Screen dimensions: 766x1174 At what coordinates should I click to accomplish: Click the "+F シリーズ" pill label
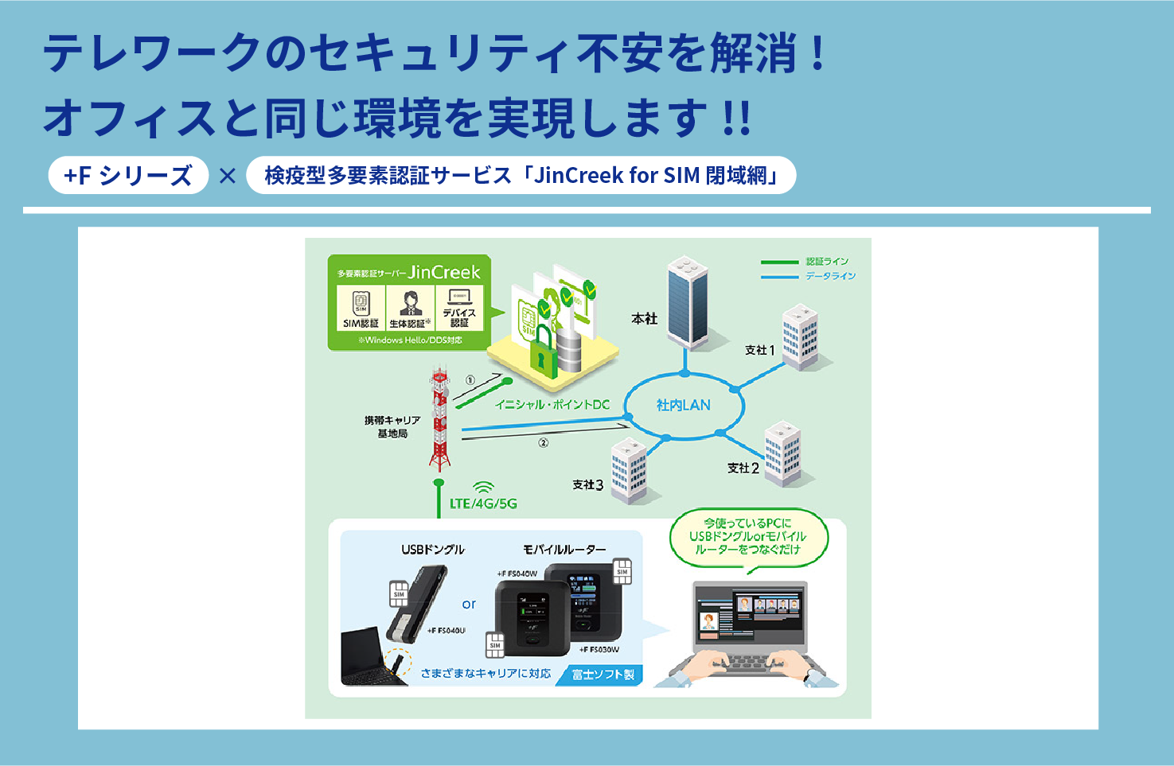coord(128,175)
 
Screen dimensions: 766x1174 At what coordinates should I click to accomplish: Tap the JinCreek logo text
coord(444,273)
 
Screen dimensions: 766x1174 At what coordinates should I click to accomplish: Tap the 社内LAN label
coord(683,405)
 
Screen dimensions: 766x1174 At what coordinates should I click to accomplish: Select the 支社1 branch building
coord(800,337)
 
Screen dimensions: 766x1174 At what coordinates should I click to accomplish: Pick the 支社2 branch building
coord(782,453)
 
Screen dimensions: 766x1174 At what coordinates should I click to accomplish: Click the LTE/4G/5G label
coord(483,504)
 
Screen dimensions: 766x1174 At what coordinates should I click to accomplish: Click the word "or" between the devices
coord(469,605)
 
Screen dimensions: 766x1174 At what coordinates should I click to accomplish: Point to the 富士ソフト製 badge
coord(603,675)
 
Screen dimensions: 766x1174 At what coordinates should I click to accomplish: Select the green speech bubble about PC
coord(747,537)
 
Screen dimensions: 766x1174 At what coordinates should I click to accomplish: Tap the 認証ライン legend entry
coord(805,262)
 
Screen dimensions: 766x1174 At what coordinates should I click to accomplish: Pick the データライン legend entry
coord(808,276)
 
